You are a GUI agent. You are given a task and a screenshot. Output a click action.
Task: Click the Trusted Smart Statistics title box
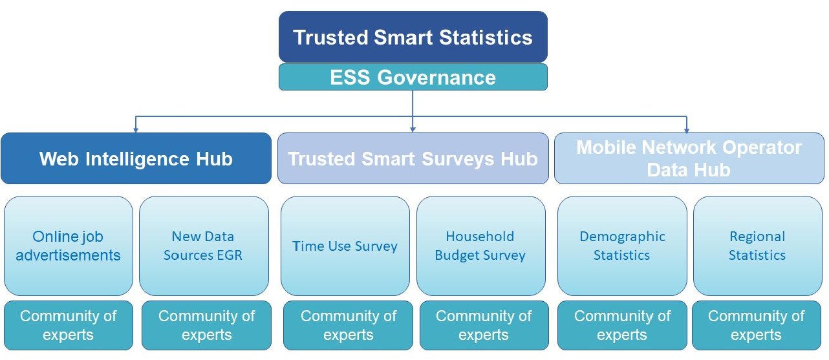pos(413,37)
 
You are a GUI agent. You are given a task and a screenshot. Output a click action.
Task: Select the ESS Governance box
pos(413,78)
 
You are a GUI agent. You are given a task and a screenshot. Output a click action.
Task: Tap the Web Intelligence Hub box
pos(136,159)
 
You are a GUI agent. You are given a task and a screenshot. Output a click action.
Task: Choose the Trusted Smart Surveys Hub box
pos(413,159)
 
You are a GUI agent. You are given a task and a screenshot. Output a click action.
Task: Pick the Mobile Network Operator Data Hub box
pos(689,159)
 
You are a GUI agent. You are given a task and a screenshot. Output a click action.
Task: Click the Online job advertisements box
pos(68,246)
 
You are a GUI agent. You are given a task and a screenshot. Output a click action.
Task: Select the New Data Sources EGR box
pos(203,246)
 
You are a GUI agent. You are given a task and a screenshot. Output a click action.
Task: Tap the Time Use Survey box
pos(345,246)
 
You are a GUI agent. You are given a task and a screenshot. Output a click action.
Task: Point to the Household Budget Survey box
pos(480,246)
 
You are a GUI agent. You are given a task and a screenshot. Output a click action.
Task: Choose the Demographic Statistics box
pos(621,246)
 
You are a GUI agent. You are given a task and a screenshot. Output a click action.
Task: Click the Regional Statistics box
pos(757,246)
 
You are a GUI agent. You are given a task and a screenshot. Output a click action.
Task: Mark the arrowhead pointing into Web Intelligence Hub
pos(135,129)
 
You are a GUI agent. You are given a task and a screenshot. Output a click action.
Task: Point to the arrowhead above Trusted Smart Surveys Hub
pos(413,129)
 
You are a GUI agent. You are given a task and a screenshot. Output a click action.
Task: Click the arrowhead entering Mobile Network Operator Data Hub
pos(686,129)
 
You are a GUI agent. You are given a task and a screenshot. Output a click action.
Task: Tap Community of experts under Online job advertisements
pos(68,325)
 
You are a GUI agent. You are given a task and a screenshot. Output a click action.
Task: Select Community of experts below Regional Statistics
pos(756,325)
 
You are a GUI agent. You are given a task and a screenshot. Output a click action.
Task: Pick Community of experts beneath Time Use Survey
pos(348,325)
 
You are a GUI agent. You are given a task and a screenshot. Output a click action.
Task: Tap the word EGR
pos(230,255)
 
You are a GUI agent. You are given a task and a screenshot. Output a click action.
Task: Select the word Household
pos(480,237)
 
